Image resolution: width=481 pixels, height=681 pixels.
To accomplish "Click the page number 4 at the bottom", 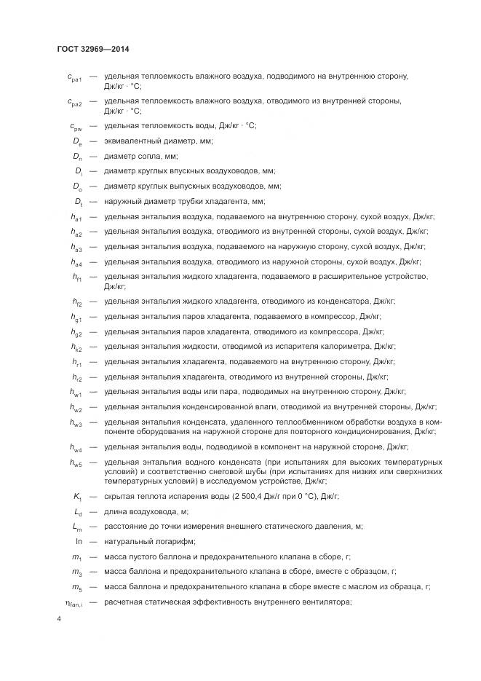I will pos(59,618).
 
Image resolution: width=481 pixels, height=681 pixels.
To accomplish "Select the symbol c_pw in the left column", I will pos(76,126).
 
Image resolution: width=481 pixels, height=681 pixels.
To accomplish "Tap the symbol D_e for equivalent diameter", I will pos(77,141).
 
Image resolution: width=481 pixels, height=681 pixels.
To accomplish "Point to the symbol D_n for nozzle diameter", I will pos(77,157).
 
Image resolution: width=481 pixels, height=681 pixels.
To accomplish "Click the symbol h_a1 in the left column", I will pos(76,217).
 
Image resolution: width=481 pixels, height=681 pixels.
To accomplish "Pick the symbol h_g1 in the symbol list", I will pos(76,317).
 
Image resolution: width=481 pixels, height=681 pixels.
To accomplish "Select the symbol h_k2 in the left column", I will pos(76,347).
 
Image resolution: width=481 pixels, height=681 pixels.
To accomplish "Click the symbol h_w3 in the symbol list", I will pos(76,423).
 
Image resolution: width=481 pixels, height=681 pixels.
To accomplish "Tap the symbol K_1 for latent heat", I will pos(77,496).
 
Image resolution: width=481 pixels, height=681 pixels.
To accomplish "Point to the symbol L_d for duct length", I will pos(77,511).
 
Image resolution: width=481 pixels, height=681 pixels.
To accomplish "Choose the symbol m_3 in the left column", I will pos(76,572).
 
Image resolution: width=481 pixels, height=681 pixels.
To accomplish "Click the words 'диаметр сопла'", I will pos(131,156).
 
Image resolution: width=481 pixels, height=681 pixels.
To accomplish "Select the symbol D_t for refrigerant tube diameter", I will pos(77,202).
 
